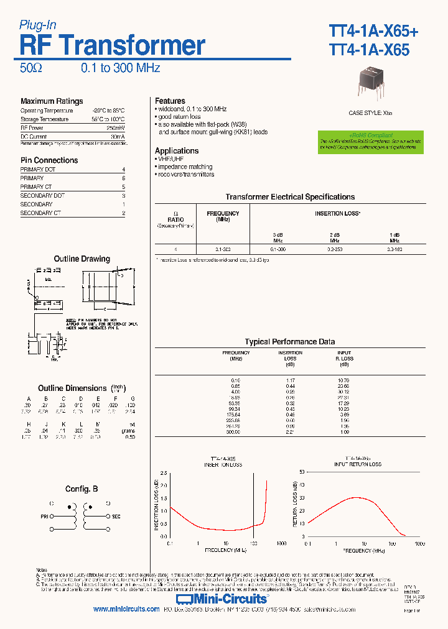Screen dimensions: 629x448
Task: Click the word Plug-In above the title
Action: point(38,25)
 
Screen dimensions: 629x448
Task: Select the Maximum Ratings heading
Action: point(52,101)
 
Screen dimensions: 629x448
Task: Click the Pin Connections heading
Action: point(49,160)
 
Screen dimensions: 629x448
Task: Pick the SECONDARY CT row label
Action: point(40,213)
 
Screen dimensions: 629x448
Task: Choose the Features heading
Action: point(170,101)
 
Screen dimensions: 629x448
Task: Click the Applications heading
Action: point(177,150)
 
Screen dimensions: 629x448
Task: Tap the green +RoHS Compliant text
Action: point(371,135)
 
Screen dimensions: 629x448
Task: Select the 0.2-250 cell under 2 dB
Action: point(335,249)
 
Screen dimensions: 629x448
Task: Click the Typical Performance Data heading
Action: point(289,342)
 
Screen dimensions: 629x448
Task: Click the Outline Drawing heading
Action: point(82,259)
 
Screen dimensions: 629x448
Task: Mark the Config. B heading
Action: point(82,489)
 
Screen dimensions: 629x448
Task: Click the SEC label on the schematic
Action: point(116,516)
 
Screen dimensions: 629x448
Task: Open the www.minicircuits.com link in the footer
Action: point(126,610)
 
